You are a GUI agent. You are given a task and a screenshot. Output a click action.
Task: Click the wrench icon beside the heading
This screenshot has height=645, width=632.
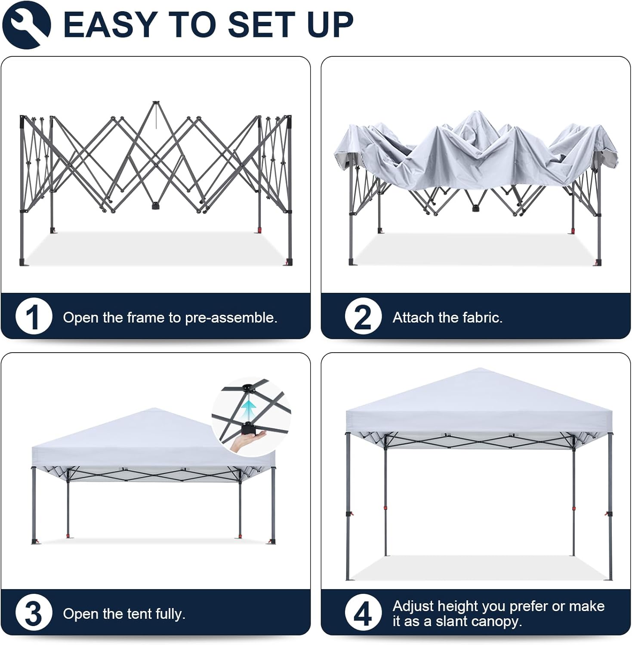(26, 25)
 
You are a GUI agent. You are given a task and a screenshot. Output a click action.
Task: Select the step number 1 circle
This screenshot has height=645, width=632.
(34, 316)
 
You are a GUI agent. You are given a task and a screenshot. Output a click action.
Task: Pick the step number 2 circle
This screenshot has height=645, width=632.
(363, 316)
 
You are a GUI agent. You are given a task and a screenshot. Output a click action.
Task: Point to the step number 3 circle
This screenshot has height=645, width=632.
(34, 613)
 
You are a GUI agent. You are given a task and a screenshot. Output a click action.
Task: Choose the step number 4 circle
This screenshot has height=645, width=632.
(363, 613)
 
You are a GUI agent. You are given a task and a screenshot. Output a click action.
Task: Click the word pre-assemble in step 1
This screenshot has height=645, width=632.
(231, 318)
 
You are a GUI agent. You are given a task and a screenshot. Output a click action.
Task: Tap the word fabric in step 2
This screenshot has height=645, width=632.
(482, 317)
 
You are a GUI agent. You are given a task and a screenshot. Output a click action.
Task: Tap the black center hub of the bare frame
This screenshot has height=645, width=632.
(154, 206)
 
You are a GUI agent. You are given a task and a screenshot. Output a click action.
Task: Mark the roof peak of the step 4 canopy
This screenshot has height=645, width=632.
(480, 369)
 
